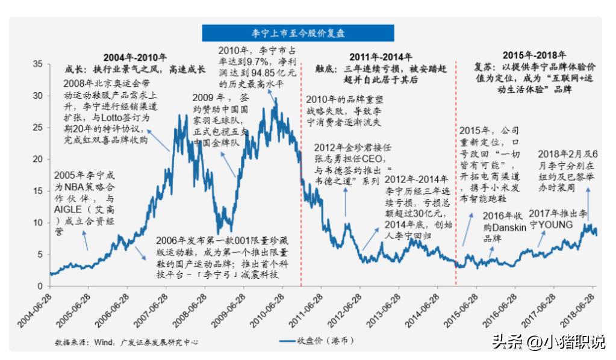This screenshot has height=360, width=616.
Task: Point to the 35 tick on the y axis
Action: [37, 64]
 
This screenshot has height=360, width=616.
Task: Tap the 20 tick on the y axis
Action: [37, 159]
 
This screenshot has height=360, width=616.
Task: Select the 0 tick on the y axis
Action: [40, 286]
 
